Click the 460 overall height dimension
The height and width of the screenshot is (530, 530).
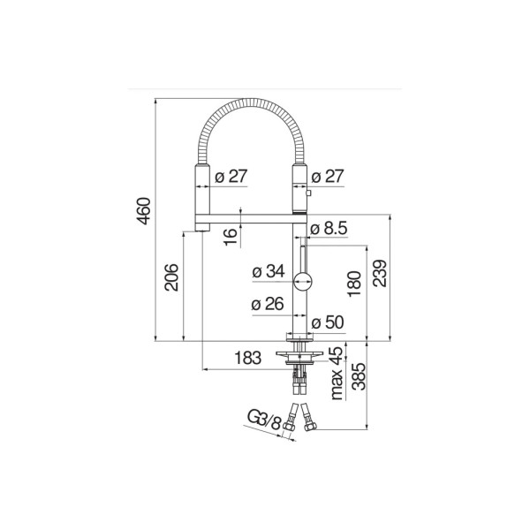pyautogui.click(x=143, y=211)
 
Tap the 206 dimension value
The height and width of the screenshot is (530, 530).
pyautogui.click(x=171, y=277)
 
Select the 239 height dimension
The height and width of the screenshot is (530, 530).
pyautogui.click(x=380, y=274)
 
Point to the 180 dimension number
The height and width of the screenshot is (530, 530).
pyautogui.click(x=354, y=284)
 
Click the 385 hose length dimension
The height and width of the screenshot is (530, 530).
pyautogui.click(x=359, y=376)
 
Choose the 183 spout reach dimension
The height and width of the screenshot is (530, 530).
pyautogui.click(x=248, y=358)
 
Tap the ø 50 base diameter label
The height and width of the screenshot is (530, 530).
pyautogui.click(x=327, y=322)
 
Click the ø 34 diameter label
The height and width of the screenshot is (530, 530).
pyautogui.click(x=269, y=271)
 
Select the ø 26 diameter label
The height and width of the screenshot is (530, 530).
pyautogui.click(x=268, y=304)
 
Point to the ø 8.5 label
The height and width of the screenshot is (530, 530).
pyautogui.click(x=329, y=229)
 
